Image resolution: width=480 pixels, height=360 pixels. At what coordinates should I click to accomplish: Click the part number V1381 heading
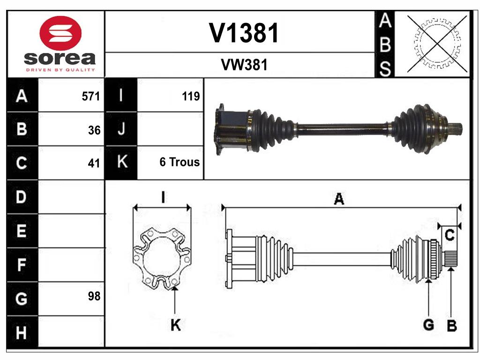[244, 33]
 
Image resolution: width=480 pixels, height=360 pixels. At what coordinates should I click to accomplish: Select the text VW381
[244, 65]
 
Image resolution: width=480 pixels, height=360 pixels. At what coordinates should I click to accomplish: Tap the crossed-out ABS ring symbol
[437, 44]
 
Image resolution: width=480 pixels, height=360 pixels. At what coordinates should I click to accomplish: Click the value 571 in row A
[91, 97]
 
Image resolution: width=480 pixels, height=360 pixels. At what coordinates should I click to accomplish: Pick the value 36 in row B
[94, 130]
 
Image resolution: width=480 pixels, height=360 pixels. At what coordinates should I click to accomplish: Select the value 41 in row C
[94, 163]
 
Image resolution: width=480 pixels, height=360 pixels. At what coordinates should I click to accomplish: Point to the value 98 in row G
[94, 296]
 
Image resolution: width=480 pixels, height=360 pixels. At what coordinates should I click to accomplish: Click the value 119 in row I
[191, 97]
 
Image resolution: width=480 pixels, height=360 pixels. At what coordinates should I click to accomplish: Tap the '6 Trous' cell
[180, 162]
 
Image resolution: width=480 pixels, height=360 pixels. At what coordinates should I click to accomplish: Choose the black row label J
[121, 129]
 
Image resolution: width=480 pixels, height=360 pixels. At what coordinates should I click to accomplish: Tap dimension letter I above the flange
[162, 197]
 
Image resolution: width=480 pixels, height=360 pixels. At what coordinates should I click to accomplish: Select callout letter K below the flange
[175, 325]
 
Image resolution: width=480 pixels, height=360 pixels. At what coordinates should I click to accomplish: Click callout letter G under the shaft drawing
[428, 324]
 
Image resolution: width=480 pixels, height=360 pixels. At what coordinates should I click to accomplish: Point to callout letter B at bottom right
[451, 326]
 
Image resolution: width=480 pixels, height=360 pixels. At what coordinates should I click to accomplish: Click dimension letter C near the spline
[450, 236]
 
